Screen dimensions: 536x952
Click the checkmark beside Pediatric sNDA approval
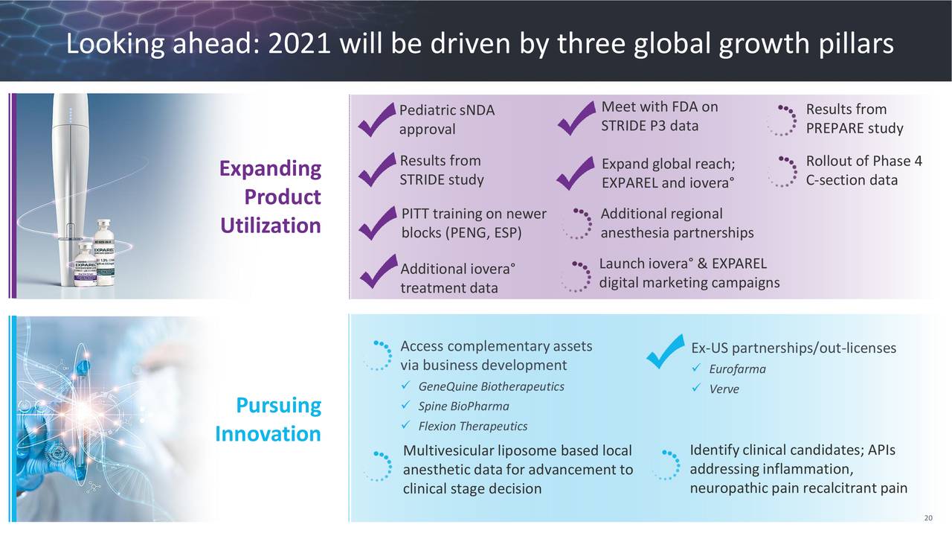click(376, 121)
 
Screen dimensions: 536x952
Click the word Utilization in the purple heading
click(270, 226)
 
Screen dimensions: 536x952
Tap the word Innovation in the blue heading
click(268, 434)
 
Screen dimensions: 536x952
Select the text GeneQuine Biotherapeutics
click(491, 386)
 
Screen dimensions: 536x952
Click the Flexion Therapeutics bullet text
click(472, 427)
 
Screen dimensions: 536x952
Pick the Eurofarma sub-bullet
click(737, 370)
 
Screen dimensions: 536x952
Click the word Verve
click(724, 389)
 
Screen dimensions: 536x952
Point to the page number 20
click(927, 519)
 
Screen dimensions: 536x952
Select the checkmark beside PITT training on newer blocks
click(376, 223)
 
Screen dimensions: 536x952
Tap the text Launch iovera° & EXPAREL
click(682, 264)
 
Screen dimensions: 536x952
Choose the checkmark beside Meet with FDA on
click(576, 119)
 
